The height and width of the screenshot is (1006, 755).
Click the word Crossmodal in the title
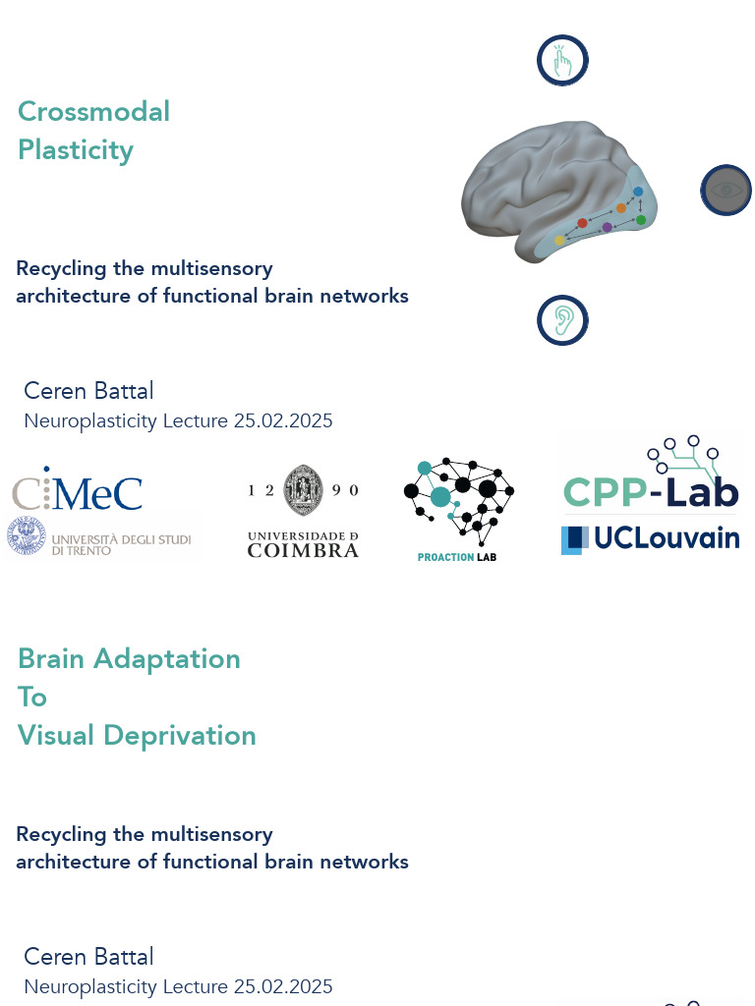93,111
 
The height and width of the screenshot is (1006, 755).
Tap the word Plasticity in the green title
76,150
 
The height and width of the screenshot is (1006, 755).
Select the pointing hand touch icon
562,60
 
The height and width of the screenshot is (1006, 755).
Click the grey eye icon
726,190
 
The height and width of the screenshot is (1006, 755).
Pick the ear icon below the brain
562,320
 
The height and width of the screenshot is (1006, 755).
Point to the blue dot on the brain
637,192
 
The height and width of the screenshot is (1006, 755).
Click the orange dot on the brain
621,208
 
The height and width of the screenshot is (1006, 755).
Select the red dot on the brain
582,223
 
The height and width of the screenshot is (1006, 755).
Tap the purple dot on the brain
608,227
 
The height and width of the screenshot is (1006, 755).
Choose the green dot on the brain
640,220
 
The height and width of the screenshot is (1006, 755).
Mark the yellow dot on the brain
559,240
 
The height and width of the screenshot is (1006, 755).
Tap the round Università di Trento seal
27,536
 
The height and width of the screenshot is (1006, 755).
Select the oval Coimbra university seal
303,491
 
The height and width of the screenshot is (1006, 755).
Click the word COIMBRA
303,550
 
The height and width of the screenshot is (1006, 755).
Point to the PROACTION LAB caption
456,557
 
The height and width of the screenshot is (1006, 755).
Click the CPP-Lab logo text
651,491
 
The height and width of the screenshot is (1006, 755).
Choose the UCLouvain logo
651,539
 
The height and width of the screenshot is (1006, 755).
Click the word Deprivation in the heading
180,735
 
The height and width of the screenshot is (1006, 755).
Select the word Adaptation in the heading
167,659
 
